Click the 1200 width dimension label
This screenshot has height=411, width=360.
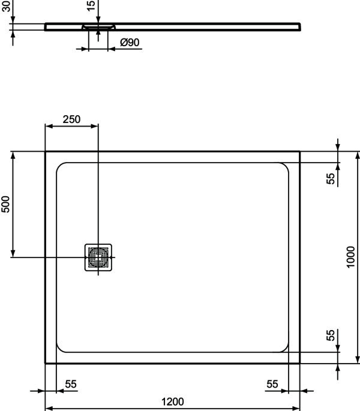click(x=172, y=401)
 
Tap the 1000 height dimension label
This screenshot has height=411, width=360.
click(x=350, y=257)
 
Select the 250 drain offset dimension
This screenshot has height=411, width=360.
click(x=71, y=119)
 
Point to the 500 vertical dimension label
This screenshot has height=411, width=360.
click(x=5, y=204)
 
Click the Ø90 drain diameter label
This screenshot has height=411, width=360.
click(x=130, y=42)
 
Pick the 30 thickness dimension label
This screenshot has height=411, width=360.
click(x=6, y=6)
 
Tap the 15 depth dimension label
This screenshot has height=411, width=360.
click(x=91, y=6)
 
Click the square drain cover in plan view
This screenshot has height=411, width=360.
click(x=98, y=257)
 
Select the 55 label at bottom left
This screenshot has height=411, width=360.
click(x=71, y=384)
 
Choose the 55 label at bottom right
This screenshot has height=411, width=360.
click(x=272, y=384)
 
